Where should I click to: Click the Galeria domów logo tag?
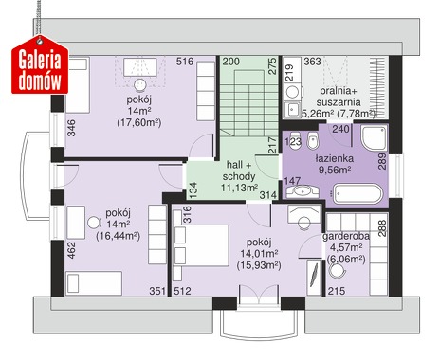click(x=40, y=65)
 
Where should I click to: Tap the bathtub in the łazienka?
click(x=357, y=193)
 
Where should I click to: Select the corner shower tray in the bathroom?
click(x=374, y=138)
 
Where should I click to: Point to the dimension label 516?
click(x=185, y=62)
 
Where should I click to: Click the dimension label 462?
click(x=72, y=250)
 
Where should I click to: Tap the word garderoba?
click(x=346, y=237)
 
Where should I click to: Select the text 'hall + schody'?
click(x=239, y=171)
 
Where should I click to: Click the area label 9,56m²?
click(x=335, y=170)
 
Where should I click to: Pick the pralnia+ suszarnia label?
click(x=339, y=97)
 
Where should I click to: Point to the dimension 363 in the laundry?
click(x=312, y=62)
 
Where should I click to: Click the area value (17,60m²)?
click(x=139, y=122)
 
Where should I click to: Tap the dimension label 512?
click(x=182, y=291)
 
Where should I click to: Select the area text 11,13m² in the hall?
click(x=239, y=188)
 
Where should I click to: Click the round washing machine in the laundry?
click(x=292, y=92)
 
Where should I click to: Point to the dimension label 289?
click(x=382, y=161)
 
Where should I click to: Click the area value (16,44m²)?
click(x=118, y=236)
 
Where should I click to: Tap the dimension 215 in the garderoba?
click(x=337, y=291)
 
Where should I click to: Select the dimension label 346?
click(x=72, y=128)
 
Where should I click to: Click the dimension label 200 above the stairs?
click(x=230, y=62)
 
